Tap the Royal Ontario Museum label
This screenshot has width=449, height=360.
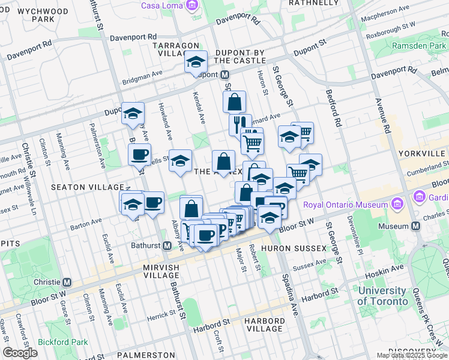(x=346, y=205)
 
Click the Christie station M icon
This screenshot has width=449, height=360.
(x=67, y=282)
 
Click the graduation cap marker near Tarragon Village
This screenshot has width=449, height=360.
(x=196, y=62)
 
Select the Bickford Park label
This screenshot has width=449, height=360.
(x=62, y=343)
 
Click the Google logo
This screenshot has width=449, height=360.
(x=20, y=353)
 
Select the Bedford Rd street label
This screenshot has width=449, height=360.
(x=334, y=108)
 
